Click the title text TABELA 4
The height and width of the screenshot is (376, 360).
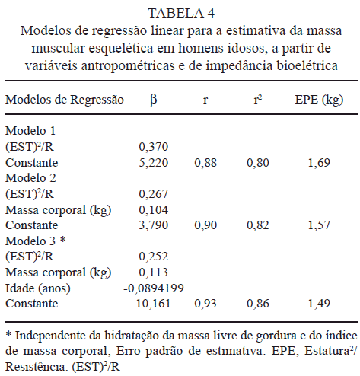(181, 13)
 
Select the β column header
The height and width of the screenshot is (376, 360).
(154, 100)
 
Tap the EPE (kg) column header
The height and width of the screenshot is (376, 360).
(319, 100)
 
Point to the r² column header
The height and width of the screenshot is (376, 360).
(258, 99)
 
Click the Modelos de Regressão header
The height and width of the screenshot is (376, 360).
(65, 100)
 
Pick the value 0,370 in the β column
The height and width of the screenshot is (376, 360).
(154, 147)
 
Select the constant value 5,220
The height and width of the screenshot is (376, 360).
(154, 163)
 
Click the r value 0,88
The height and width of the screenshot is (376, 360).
(205, 163)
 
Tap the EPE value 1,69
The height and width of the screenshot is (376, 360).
(319, 163)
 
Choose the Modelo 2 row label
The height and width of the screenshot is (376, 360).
(30, 178)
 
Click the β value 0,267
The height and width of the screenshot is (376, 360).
(154, 194)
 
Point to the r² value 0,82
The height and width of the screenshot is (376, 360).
(258, 225)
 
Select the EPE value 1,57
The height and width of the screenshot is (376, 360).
(319, 225)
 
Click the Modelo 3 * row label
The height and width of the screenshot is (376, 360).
(36, 241)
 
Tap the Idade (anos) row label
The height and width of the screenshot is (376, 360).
(38, 288)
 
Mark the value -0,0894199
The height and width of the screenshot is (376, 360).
(154, 288)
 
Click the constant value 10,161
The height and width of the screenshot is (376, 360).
(154, 304)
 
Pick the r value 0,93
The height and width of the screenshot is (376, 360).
(205, 304)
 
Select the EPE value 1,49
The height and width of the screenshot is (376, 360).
(319, 304)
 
